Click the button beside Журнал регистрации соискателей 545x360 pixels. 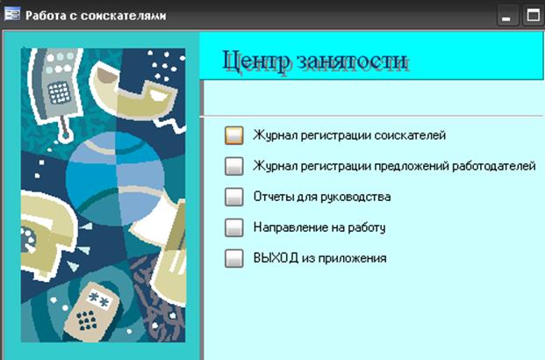click(x=234, y=135)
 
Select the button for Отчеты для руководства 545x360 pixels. click(x=234, y=197)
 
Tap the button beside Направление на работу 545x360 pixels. click(x=234, y=227)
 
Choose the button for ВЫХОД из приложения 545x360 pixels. click(x=234, y=258)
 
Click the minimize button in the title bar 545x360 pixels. click(x=508, y=16)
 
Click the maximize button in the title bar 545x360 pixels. click(x=534, y=16)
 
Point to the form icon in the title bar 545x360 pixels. click(x=12, y=14)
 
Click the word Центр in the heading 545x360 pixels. click(x=255, y=61)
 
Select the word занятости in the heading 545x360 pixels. click(x=352, y=61)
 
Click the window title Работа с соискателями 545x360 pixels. click(x=96, y=16)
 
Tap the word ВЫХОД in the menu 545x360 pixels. click(x=276, y=258)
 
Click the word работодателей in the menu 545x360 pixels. click(x=493, y=166)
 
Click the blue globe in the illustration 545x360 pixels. click(x=115, y=178)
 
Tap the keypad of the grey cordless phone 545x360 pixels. click(x=59, y=93)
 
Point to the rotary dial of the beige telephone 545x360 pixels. click(x=28, y=240)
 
